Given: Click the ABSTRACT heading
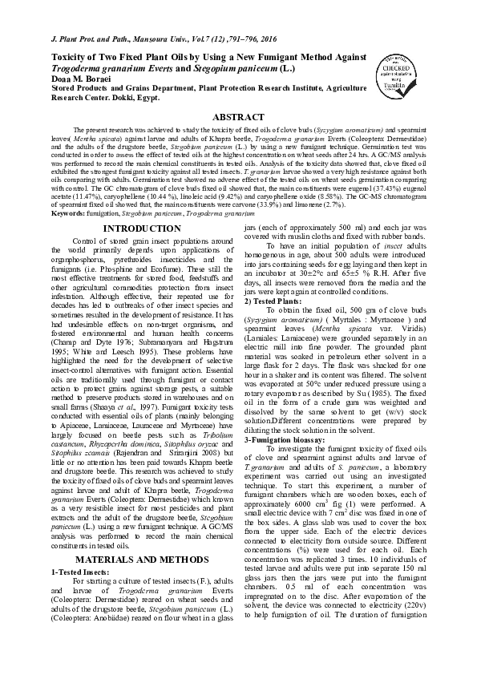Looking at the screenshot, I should (238, 117).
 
